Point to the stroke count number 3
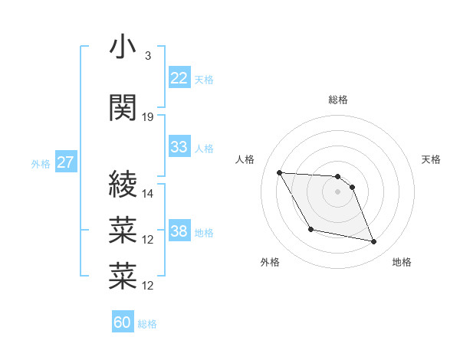pos(147,56)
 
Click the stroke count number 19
pos(149,117)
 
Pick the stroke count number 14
pos(149,193)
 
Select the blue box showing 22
pos(179,78)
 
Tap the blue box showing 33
pos(179,147)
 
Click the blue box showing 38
pos(179,231)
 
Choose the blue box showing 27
pos(66,162)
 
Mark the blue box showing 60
pos(123,322)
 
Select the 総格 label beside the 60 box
pos(147,324)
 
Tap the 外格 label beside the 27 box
pos(41,164)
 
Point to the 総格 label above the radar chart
pos(338,100)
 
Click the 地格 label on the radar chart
pos(402,263)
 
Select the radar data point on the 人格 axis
pos(279,172)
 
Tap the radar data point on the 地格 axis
pos(374,242)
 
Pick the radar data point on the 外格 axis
pos(310,229)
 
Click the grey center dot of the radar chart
pos(338,192)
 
